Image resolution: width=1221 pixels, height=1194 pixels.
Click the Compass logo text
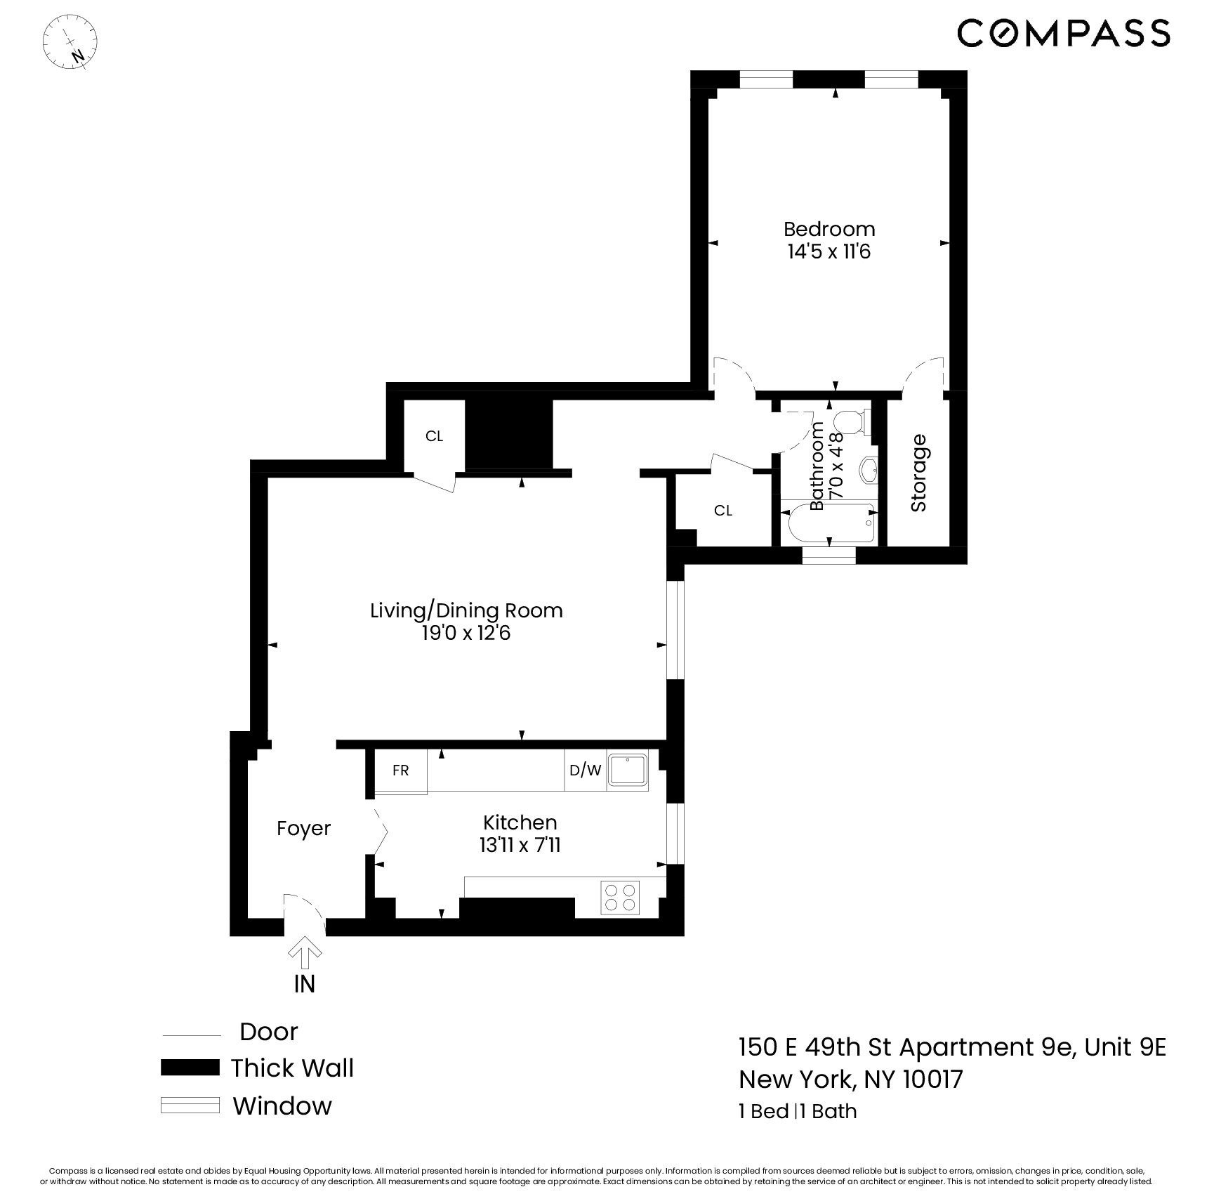click(1063, 33)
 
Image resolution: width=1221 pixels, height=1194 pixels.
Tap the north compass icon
click(70, 42)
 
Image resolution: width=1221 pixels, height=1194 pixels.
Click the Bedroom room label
click(829, 229)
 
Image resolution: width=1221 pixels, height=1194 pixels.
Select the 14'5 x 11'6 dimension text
click(829, 251)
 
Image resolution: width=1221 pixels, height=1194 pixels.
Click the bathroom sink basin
click(869, 468)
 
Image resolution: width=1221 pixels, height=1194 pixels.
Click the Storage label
click(918, 473)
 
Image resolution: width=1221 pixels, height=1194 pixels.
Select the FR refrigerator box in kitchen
click(400, 770)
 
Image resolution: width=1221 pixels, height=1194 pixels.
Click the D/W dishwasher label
click(585, 770)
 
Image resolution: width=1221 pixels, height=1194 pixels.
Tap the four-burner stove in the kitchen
click(621, 897)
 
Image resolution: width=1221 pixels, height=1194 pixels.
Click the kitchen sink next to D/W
click(628, 770)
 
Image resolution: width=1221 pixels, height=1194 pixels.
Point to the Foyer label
click(303, 829)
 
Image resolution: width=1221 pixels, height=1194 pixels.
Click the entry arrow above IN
click(305, 950)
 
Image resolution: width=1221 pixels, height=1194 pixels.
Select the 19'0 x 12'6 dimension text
click(466, 634)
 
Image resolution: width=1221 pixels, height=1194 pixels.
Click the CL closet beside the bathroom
click(723, 511)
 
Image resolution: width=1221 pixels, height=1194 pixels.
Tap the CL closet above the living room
click(434, 436)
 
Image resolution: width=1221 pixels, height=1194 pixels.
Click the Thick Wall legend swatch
click(190, 1068)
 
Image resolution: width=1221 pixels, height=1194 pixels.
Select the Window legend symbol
click(190, 1106)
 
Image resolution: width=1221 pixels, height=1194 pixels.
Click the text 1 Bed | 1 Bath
click(798, 1112)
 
